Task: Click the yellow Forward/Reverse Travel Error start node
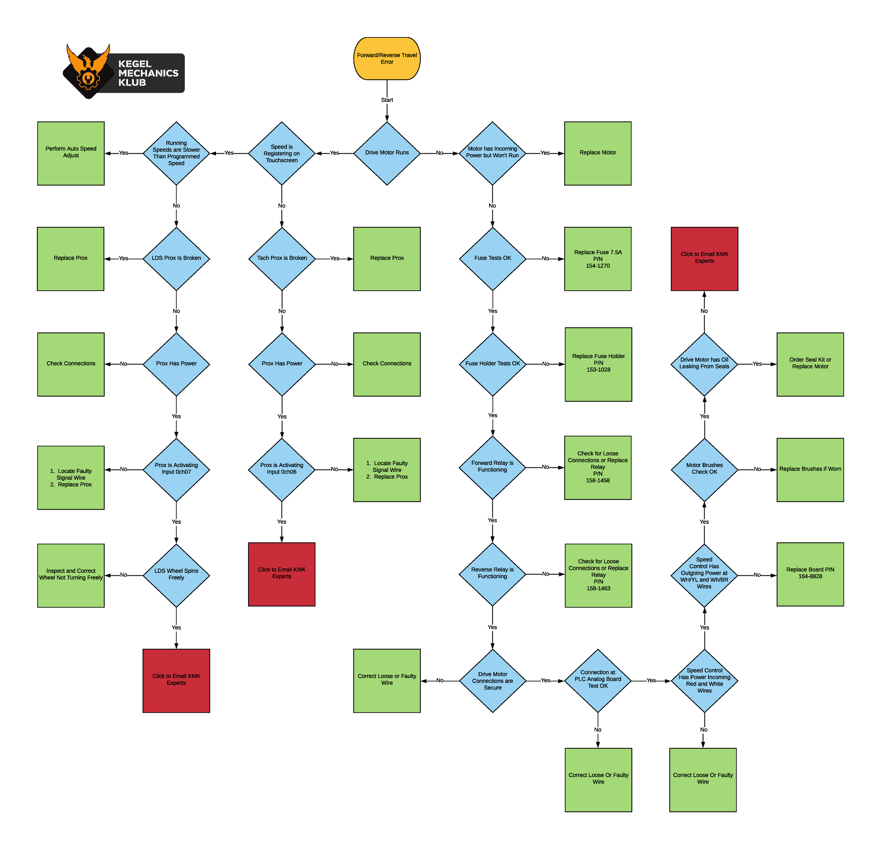click(387, 59)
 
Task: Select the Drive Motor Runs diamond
click(387, 153)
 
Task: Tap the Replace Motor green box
click(597, 153)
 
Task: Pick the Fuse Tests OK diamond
click(492, 258)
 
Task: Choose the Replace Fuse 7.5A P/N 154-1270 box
click(597, 259)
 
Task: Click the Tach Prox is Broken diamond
click(282, 258)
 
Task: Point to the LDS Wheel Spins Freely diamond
click(176, 575)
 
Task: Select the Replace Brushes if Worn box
click(810, 469)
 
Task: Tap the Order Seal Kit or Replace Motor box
click(810, 364)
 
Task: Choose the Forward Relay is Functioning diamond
click(492, 467)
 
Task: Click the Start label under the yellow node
click(387, 100)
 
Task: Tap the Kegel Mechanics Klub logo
click(124, 72)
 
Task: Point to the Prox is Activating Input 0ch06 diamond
click(282, 469)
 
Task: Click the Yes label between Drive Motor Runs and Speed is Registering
click(334, 153)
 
